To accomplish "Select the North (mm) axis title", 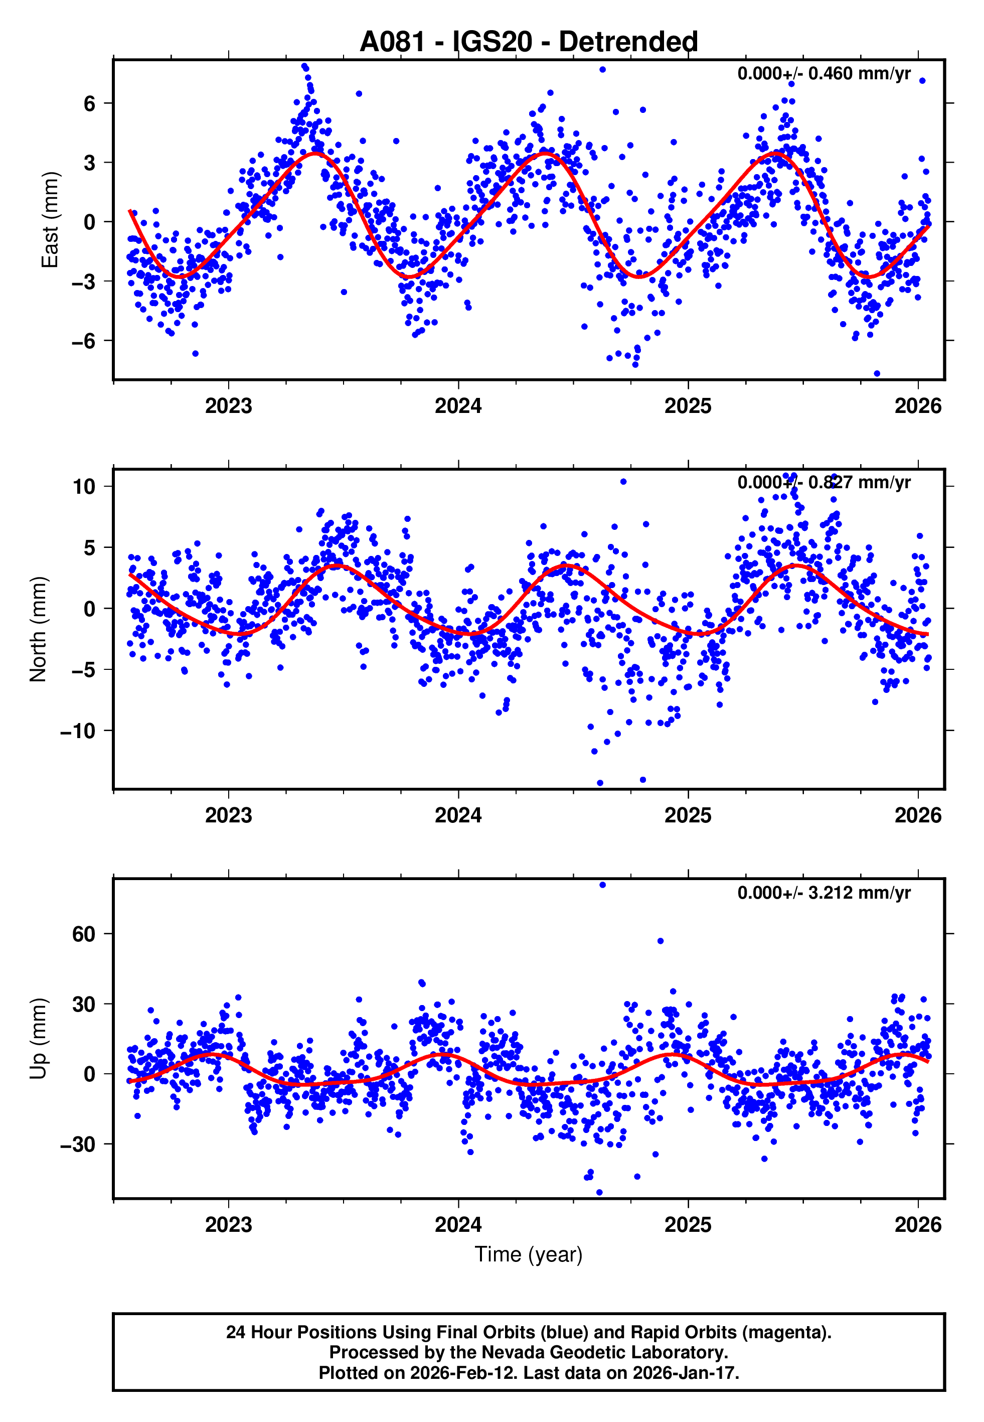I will (38, 629).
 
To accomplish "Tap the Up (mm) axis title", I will (38, 1039).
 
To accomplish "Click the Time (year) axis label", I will (529, 1255).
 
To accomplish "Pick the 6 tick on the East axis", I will (90, 103).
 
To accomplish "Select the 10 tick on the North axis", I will (84, 487).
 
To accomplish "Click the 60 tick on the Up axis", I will (84, 934).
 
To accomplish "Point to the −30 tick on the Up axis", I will (78, 1145).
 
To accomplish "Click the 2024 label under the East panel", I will (458, 406).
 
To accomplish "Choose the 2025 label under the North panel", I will (688, 815).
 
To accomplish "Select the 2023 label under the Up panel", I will (228, 1225).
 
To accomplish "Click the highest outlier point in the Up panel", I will (602, 885).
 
